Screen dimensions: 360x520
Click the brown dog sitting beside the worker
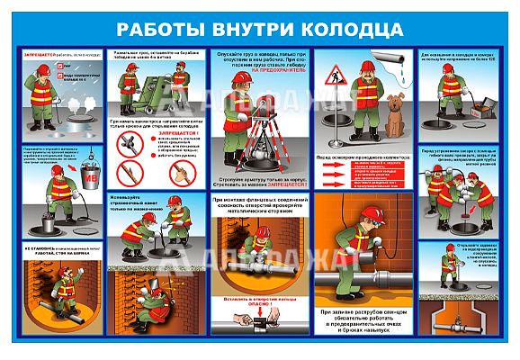point(394,113)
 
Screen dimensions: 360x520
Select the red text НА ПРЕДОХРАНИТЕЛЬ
point(279,67)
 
